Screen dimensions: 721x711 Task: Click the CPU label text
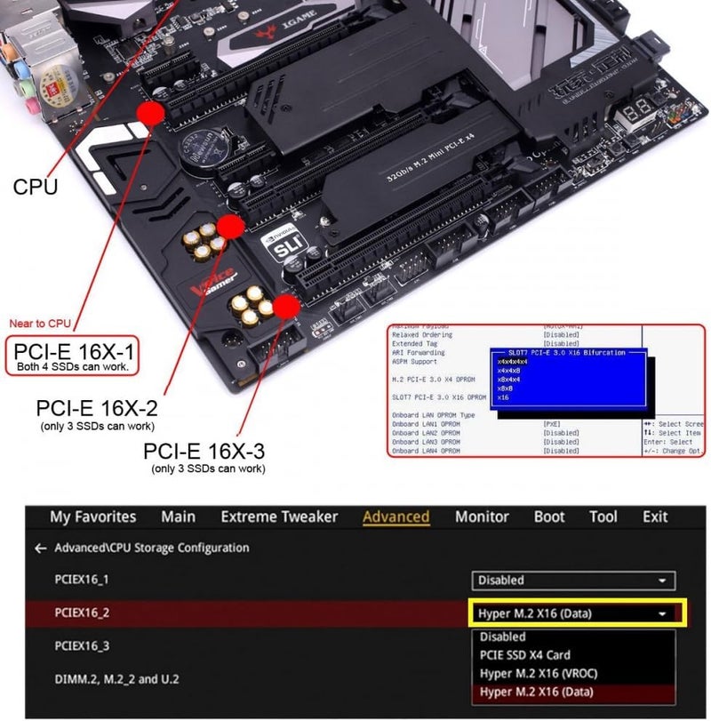(36, 187)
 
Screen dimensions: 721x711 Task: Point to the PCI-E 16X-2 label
(97, 408)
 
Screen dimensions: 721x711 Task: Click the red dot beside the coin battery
(151, 113)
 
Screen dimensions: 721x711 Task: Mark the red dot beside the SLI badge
(231, 227)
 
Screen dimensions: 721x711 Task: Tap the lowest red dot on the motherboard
(286, 308)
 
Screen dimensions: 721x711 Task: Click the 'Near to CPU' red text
(40, 323)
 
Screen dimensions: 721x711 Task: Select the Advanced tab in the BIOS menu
(395, 517)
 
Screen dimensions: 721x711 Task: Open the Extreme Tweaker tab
(279, 517)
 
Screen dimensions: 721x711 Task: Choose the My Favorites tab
(93, 517)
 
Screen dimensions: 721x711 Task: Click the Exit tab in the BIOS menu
(655, 517)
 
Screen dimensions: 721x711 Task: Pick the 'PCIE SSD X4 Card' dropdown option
(524, 655)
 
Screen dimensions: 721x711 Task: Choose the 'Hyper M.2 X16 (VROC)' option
(537, 674)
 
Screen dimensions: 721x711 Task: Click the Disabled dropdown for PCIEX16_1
(573, 581)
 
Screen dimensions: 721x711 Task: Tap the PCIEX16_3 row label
(82, 645)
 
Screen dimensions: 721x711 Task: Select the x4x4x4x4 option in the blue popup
(513, 362)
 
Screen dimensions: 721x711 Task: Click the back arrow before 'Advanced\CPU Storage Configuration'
(40, 549)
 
